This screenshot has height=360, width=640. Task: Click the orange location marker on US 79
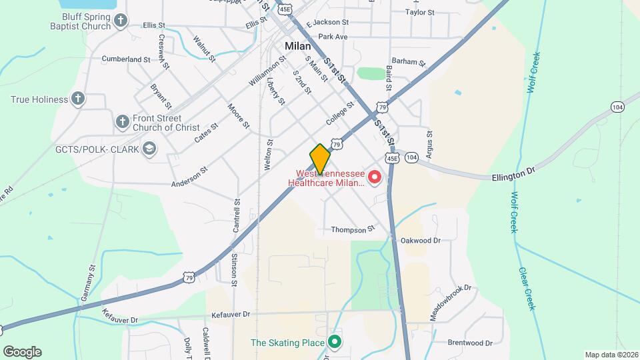click(320, 159)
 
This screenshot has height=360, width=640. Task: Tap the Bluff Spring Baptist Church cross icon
click(120, 21)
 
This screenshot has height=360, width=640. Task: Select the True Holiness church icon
click(78, 99)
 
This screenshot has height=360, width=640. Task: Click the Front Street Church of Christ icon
click(122, 121)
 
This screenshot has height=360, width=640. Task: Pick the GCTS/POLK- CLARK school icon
click(149, 149)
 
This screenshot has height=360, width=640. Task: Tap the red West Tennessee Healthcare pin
click(374, 177)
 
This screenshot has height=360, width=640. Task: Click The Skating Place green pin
click(334, 343)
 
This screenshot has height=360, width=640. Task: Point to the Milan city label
click(297, 47)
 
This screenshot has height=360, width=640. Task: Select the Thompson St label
click(353, 230)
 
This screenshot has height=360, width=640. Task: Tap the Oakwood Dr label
click(421, 240)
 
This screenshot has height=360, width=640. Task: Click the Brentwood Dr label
click(470, 343)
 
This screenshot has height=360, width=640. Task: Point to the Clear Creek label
click(527, 288)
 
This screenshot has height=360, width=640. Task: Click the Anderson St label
click(190, 179)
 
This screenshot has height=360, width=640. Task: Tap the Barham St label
click(409, 62)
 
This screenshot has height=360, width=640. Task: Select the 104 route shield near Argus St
click(411, 157)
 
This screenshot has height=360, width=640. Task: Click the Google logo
click(22, 352)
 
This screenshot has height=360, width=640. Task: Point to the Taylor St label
click(420, 12)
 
